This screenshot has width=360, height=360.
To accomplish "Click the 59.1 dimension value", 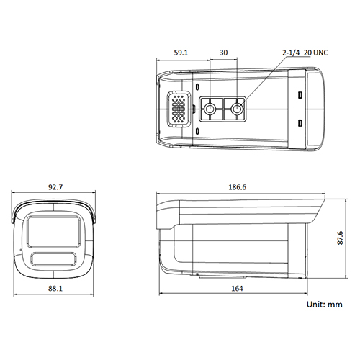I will pyautogui.click(x=180, y=53).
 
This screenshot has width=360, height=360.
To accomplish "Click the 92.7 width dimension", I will pyautogui.click(x=56, y=187).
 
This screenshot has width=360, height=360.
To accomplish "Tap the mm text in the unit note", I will pyautogui.click(x=335, y=305).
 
